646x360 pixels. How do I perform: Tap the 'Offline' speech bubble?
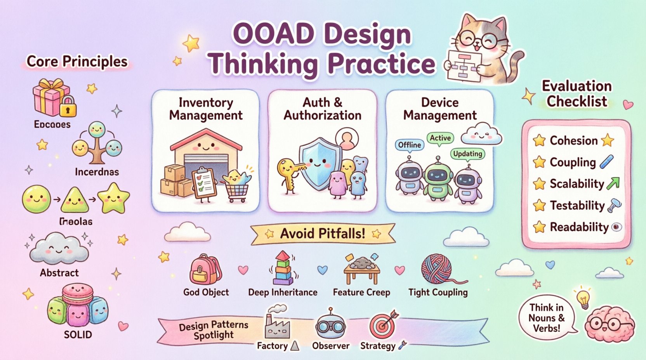tap(410, 145)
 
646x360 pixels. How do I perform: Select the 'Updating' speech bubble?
tap(467, 154)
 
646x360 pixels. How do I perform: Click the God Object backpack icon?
tap(205, 270)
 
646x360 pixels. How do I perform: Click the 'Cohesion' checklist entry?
tap(573, 140)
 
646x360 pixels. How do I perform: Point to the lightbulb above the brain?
tap(583, 298)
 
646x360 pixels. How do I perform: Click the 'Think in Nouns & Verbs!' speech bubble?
tap(546, 318)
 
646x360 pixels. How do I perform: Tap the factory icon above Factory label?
tap(276, 324)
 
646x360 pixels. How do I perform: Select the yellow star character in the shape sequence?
tap(113, 199)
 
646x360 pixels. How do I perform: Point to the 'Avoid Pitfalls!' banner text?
tap(322, 233)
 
